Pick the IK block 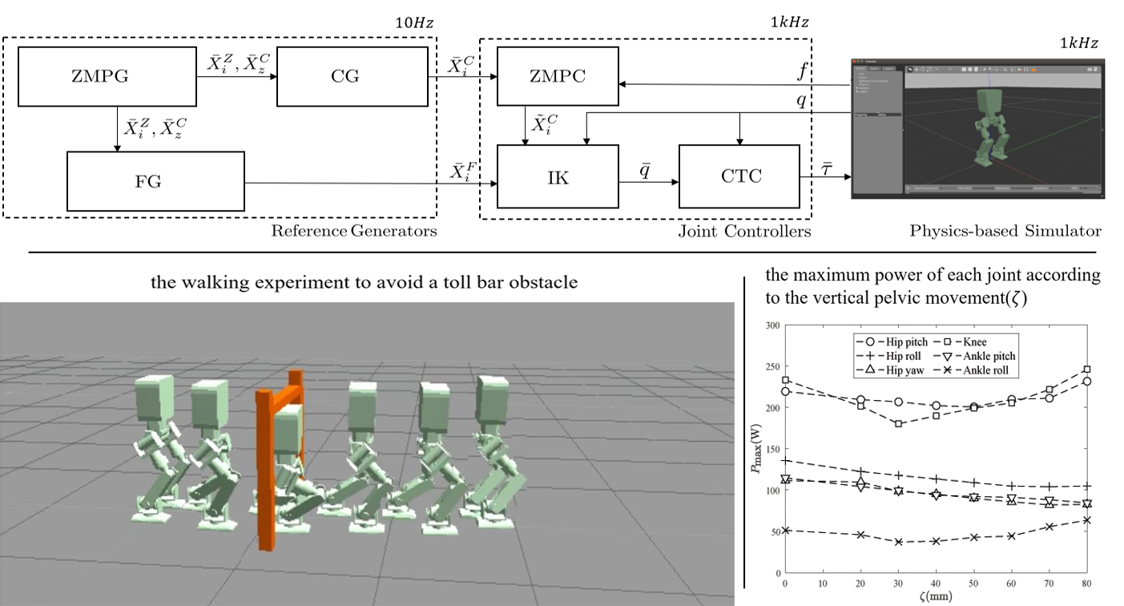coord(558,177)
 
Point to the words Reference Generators coord(353,232)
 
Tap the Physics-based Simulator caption coord(1005,232)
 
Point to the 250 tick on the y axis coord(774,366)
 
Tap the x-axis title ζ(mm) coord(936,597)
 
